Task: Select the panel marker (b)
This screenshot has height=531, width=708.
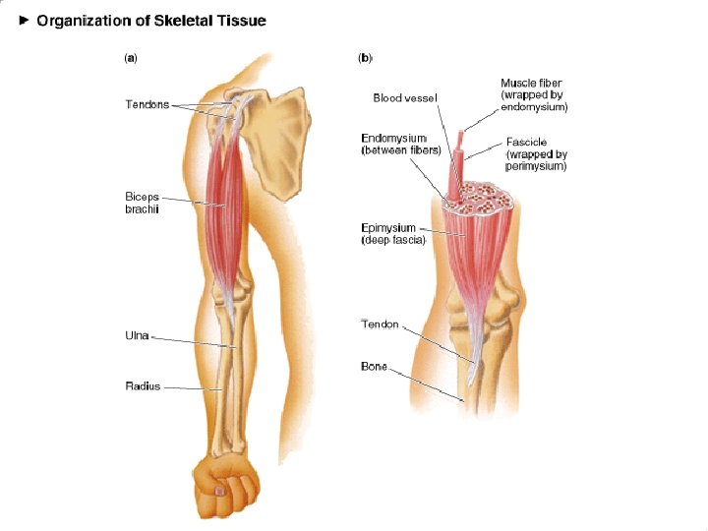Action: pos(365,58)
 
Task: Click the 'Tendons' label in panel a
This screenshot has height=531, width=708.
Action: pos(147,104)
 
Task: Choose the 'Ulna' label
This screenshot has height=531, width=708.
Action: pos(137,336)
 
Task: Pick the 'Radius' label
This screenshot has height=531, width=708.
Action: pos(143,386)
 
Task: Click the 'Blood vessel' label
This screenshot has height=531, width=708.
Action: pos(405,97)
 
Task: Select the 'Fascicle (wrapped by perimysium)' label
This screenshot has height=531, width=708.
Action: pos(536,154)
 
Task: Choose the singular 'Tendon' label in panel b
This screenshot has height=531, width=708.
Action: pos(380,324)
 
